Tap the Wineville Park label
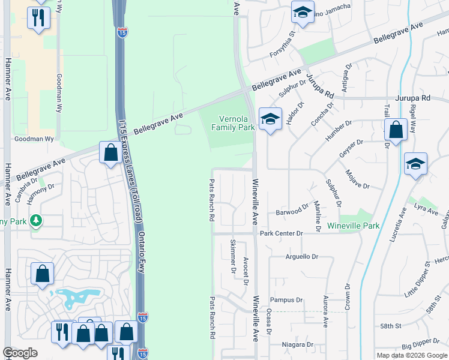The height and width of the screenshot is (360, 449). [354, 226]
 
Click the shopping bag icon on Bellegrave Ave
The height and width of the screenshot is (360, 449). [110, 152]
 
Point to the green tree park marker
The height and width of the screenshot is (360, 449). [37, 221]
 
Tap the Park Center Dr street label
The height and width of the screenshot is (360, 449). [281, 233]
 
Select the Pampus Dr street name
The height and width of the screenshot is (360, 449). [286, 300]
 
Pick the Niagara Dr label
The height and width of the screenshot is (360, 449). [298, 345]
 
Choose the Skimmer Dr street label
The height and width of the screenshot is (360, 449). [233, 256]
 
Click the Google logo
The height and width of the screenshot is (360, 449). [20, 353]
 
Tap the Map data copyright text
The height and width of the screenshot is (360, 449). [412, 355]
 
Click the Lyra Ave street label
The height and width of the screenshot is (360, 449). [427, 209]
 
